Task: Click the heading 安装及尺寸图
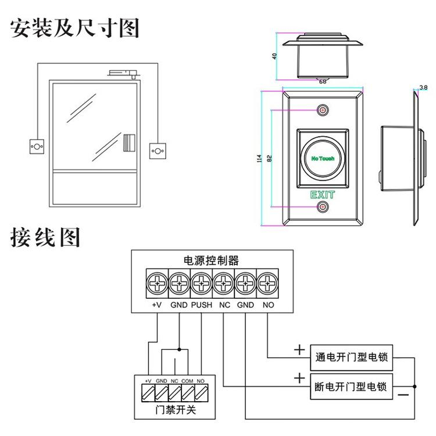pyautogui.click(x=76, y=27)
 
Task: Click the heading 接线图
pyautogui.click(x=45, y=237)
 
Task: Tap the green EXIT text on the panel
pyautogui.click(x=323, y=194)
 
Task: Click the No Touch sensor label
pyautogui.click(x=323, y=158)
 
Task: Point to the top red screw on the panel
pyautogui.click(x=323, y=110)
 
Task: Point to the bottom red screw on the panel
pyautogui.click(x=323, y=206)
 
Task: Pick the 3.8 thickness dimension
pyautogui.click(x=423, y=88)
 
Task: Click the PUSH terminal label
pyautogui.click(x=201, y=304)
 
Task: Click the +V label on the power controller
pyautogui.click(x=156, y=304)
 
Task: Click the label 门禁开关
pyautogui.click(x=173, y=411)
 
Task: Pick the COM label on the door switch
pyautogui.click(x=187, y=380)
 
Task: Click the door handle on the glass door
pyautogui.click(x=129, y=142)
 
